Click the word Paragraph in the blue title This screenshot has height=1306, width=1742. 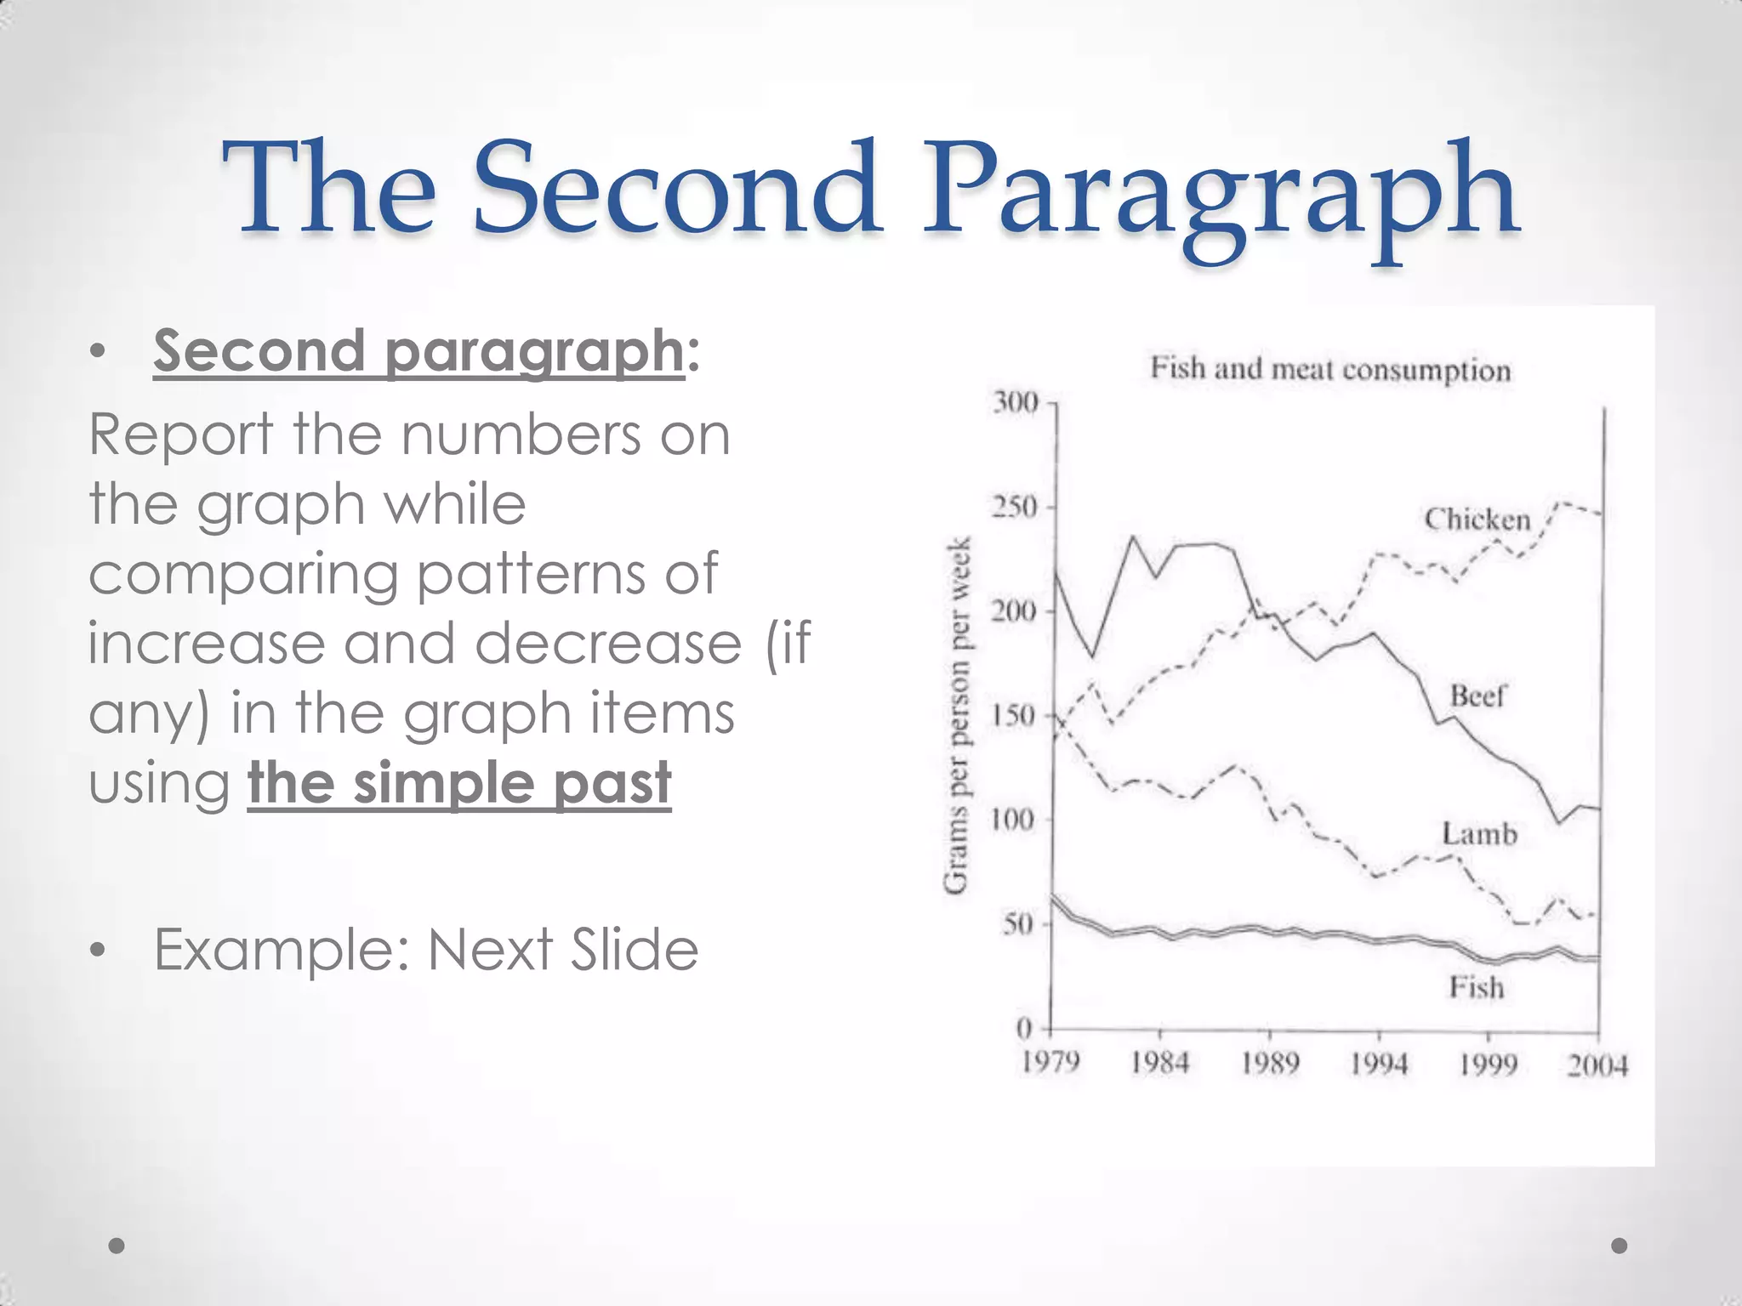click(x=1221, y=191)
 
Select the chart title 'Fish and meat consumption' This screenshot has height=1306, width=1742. click(x=1330, y=369)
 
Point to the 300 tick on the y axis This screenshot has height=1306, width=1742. click(x=1017, y=401)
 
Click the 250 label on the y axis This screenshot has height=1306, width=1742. click(x=1017, y=507)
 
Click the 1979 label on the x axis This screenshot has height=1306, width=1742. click(x=1050, y=1063)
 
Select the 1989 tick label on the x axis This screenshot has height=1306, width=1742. click(x=1270, y=1064)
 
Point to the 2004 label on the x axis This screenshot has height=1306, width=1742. click(x=1597, y=1065)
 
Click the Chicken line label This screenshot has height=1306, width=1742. click(x=1477, y=519)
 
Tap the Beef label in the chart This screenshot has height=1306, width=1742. click(x=1477, y=696)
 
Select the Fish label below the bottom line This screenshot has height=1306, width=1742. click(x=1477, y=988)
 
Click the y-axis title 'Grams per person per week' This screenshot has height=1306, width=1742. click(x=958, y=715)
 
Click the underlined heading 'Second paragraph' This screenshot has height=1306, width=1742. click(x=418, y=350)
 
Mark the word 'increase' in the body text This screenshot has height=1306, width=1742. click(x=207, y=644)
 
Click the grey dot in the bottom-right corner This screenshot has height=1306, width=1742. click(x=1620, y=1246)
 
